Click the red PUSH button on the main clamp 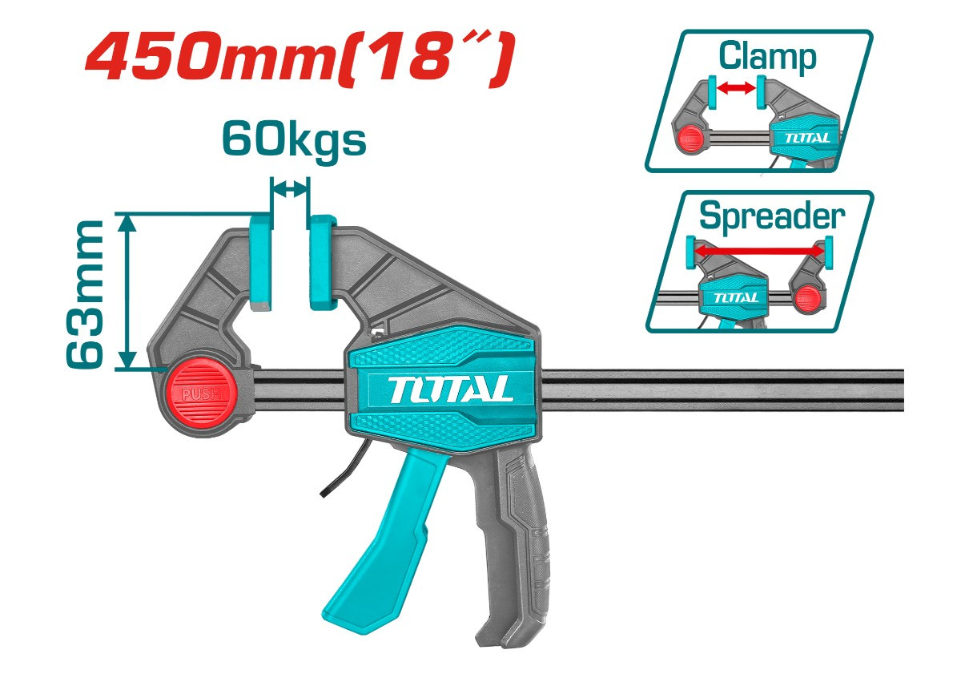point(198,393)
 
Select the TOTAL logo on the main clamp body point(452,389)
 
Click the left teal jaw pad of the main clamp point(261,261)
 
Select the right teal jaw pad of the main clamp point(323,261)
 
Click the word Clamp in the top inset point(767,57)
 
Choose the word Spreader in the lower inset point(771,216)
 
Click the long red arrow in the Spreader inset point(758,251)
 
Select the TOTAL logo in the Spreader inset point(734,297)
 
